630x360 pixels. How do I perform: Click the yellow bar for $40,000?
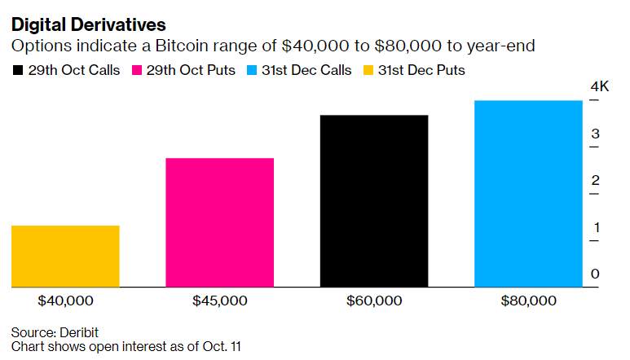coord(65,256)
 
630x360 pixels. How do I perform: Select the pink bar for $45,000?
coord(220,222)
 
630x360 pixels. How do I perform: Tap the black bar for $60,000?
coord(374,201)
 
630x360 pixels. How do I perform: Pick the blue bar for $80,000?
coord(528,194)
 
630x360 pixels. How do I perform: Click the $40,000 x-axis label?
coord(65,301)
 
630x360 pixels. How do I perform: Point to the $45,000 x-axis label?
coord(220,301)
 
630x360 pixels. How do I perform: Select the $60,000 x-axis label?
coord(374,301)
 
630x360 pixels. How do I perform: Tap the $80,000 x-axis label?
coord(528,301)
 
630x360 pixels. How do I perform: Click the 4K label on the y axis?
coord(600,86)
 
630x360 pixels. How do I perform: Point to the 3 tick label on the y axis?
coord(595,134)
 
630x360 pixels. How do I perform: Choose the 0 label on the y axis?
coord(595,274)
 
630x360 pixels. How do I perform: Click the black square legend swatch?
coord(18,70)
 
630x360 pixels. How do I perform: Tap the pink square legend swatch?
coord(137,70)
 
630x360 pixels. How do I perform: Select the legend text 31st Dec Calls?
coord(306,70)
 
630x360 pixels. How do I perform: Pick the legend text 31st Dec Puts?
coord(421,70)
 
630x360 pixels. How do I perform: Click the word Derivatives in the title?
coord(118,25)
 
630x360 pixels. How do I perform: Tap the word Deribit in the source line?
coord(79,332)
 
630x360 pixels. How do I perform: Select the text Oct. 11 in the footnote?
coord(222,346)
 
